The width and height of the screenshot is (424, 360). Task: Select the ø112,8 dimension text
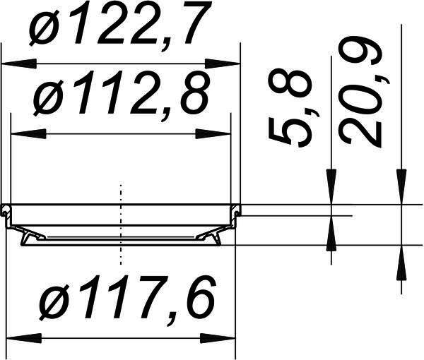[x=122, y=93]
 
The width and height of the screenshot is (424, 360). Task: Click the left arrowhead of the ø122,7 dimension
[x=19, y=64]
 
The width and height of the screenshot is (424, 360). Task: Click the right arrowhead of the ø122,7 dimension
[x=223, y=64]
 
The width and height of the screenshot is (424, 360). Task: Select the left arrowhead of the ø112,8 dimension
[x=28, y=134]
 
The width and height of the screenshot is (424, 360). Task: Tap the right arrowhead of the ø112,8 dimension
[x=213, y=134]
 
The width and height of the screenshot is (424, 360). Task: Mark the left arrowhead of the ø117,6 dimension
[x=24, y=338]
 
